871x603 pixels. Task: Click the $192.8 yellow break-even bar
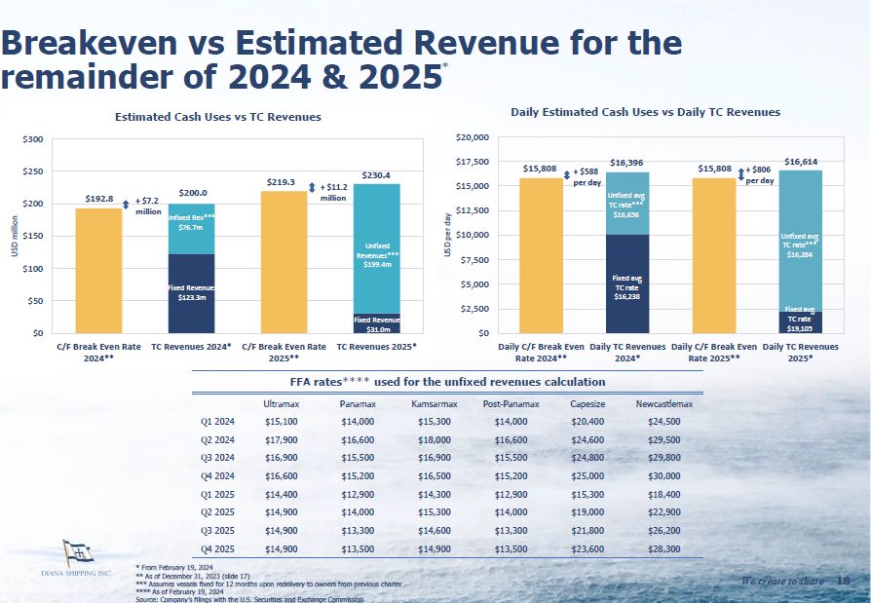click(98, 270)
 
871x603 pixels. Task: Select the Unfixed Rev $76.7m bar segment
click(191, 229)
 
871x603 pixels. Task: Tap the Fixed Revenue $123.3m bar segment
click(191, 293)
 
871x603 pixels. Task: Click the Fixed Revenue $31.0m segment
click(376, 323)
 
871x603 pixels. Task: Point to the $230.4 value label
click(376, 176)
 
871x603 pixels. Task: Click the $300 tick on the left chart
click(32, 139)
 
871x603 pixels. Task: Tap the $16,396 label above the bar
click(626, 162)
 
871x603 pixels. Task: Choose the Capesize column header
click(587, 403)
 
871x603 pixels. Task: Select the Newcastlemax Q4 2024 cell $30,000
click(663, 474)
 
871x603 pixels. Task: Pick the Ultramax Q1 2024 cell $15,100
click(282, 422)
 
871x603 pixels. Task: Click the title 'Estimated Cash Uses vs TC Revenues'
click(217, 117)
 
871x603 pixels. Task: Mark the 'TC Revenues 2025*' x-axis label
click(376, 346)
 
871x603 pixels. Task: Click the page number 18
click(843, 582)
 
